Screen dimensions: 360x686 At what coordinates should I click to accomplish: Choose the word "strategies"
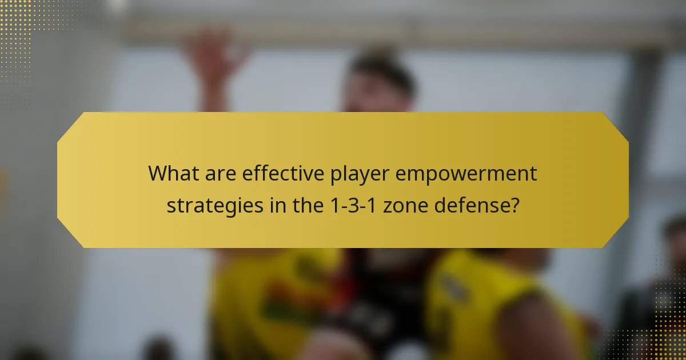[x=216, y=205]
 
